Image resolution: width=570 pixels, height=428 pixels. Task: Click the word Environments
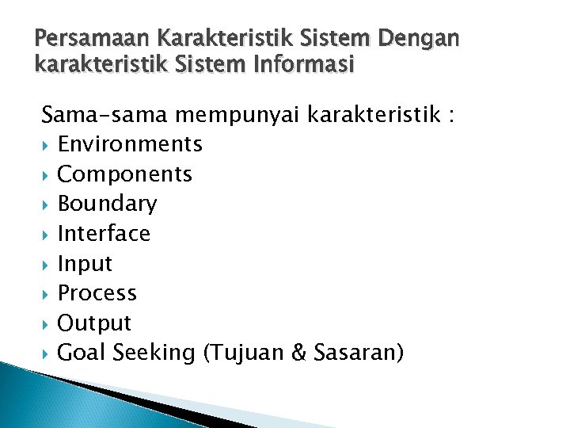click(130, 144)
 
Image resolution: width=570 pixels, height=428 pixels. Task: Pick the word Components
click(125, 174)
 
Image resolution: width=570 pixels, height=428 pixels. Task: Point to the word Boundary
click(108, 204)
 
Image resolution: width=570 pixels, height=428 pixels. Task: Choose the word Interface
click(104, 234)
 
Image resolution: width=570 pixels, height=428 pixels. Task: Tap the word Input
click(85, 264)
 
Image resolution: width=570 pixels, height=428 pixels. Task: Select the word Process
click(97, 293)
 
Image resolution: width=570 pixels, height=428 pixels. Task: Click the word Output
click(95, 323)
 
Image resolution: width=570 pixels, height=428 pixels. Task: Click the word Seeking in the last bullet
click(154, 353)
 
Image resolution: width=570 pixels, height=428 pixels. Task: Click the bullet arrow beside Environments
click(47, 145)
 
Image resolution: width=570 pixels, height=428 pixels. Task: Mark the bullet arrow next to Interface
click(47, 235)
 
